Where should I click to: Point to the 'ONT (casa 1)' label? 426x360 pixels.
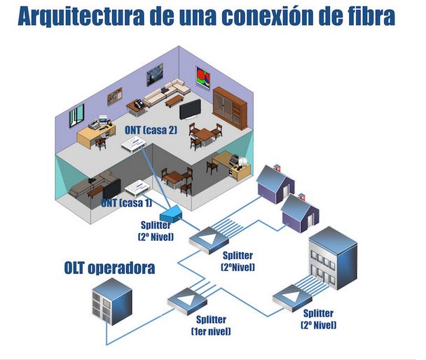(x=126, y=203)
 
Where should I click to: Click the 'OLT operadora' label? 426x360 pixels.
(x=110, y=268)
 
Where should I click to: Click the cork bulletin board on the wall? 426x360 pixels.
(x=115, y=95)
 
